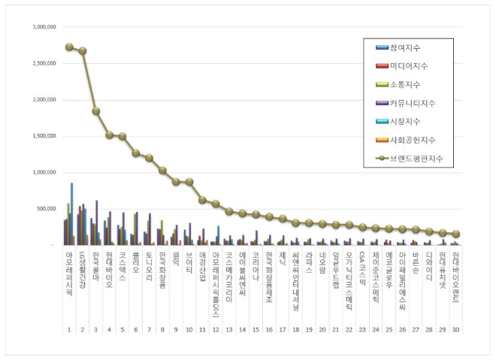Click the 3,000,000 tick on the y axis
(x=43, y=26)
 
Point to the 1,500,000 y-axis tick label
(x=43, y=135)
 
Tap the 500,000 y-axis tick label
(x=45, y=208)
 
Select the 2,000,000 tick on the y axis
(x=43, y=99)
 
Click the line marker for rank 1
(x=69, y=47)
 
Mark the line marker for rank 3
(x=96, y=111)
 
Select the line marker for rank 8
(x=162, y=171)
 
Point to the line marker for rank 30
(x=455, y=234)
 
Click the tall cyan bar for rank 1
(x=72, y=213)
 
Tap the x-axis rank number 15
(x=256, y=309)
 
